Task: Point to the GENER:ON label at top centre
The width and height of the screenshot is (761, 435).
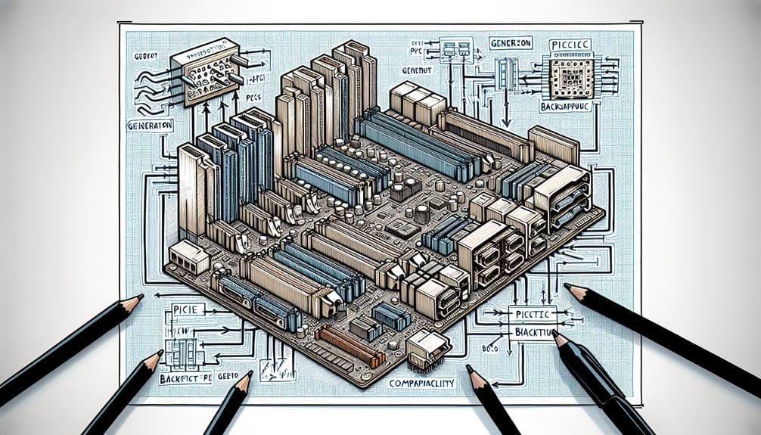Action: click(511, 42)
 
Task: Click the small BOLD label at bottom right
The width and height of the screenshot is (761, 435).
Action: click(492, 350)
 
